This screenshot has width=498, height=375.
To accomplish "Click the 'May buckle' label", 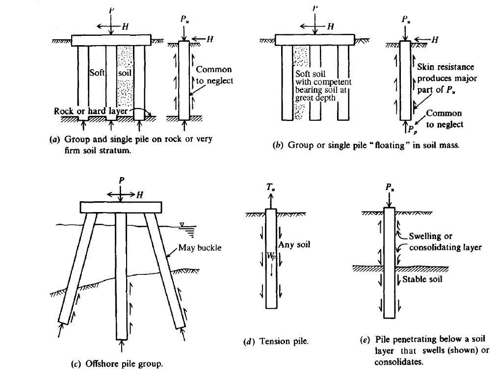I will click(200, 247).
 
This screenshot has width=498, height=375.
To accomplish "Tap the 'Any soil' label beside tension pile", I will click(294, 244).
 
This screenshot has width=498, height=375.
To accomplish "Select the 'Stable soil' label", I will click(422, 279).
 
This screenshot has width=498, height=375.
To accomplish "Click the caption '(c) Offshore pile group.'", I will click(117, 364).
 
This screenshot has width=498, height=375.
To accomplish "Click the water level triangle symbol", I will click(182, 224).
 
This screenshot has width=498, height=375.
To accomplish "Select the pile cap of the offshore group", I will click(121, 207).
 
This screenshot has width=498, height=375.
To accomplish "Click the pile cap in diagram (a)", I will click(111, 40).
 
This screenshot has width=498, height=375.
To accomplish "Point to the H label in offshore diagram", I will click(140, 195).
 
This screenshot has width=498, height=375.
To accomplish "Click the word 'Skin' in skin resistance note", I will click(425, 67).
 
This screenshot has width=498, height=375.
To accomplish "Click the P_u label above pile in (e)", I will click(389, 187).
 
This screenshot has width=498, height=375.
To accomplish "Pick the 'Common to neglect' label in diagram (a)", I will click(213, 75).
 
